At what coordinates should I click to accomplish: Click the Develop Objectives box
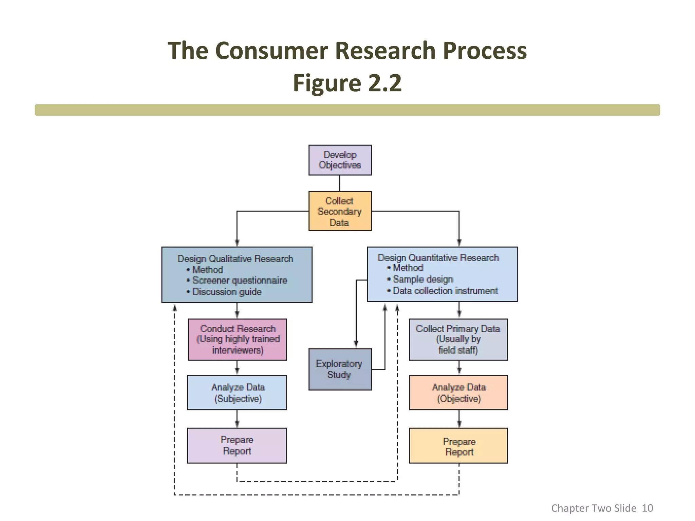click(x=340, y=160)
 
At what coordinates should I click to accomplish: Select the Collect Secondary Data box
click(x=340, y=211)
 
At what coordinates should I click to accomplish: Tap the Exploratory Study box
click(x=340, y=369)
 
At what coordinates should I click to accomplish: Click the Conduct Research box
click(x=237, y=339)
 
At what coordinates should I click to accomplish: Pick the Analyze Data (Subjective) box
click(x=237, y=392)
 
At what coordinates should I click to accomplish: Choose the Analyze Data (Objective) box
click(x=458, y=392)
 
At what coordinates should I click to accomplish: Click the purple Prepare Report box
click(x=237, y=445)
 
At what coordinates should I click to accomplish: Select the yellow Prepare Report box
click(x=458, y=445)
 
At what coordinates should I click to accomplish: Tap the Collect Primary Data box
click(x=458, y=339)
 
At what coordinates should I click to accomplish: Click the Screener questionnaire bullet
click(x=240, y=281)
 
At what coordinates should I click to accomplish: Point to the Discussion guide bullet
click(x=227, y=292)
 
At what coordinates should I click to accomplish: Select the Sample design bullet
click(x=422, y=279)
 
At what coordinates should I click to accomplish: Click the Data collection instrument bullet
click(x=445, y=291)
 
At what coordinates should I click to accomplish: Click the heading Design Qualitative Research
click(x=235, y=258)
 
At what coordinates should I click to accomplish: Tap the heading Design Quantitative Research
click(x=438, y=257)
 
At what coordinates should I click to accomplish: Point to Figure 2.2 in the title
click(x=347, y=83)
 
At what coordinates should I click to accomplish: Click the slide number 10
click(x=647, y=508)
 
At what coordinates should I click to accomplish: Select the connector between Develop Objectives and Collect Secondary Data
click(x=340, y=183)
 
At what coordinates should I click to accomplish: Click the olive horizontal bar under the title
click(x=347, y=110)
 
